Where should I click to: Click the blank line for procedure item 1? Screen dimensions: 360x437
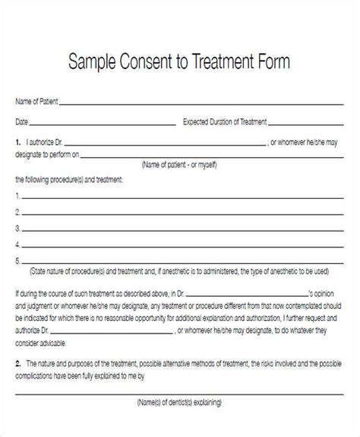[x=182, y=197]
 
